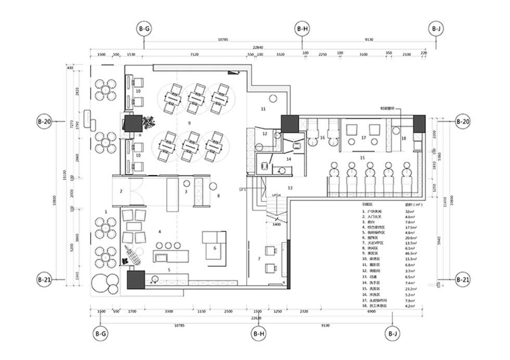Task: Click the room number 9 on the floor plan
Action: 190,123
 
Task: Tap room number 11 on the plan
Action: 263,109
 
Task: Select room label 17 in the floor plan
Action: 363,138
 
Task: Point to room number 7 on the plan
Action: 259,259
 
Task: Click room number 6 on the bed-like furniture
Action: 214,249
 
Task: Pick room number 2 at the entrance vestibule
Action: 121,191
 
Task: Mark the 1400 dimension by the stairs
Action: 277,224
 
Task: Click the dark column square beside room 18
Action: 419,123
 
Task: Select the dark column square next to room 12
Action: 289,124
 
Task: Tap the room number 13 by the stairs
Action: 290,187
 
